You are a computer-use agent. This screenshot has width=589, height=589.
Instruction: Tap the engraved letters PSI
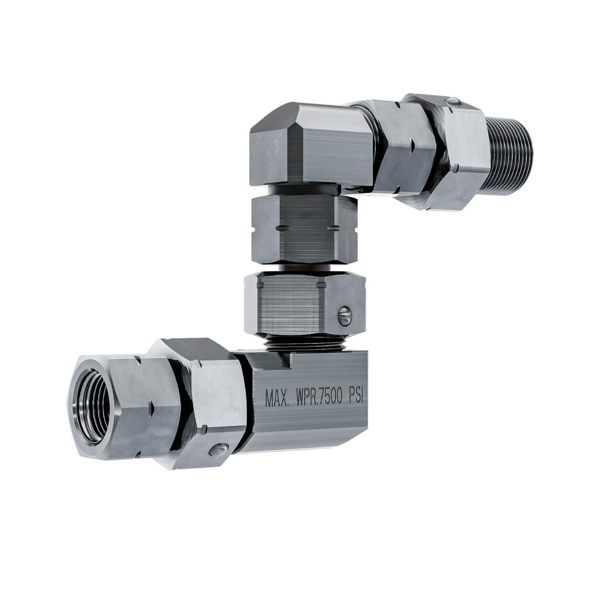tap(355, 396)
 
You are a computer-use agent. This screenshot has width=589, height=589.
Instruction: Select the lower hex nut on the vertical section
tap(304, 304)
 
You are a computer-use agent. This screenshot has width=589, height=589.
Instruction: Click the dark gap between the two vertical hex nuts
tap(304, 268)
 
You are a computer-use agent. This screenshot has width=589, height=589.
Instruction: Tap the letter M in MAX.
tap(269, 399)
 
